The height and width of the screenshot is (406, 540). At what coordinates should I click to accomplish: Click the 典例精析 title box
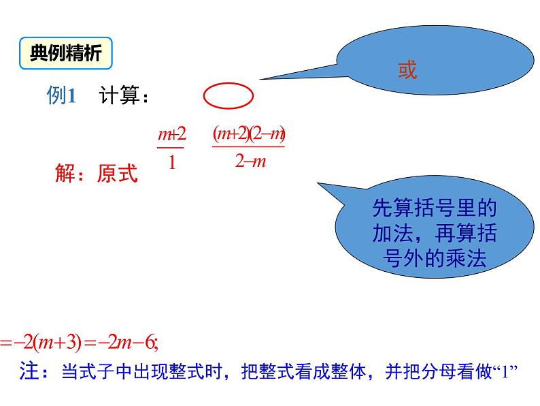click(66, 53)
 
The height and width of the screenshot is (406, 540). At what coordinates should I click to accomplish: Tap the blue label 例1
click(61, 95)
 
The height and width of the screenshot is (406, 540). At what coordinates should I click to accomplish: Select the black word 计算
click(119, 95)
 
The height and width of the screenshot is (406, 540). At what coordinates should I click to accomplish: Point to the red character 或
click(407, 69)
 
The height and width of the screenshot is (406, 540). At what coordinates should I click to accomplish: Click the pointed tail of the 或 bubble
click(260, 79)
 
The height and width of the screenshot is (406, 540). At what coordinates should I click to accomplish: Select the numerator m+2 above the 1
click(172, 134)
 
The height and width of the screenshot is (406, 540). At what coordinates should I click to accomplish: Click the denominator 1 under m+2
click(172, 161)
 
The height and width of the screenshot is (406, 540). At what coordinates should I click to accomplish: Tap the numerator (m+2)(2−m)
click(249, 134)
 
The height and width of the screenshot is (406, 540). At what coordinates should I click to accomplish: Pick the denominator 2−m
click(250, 161)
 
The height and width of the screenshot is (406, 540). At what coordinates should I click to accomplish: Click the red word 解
click(65, 173)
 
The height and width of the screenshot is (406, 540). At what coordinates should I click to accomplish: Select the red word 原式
click(117, 173)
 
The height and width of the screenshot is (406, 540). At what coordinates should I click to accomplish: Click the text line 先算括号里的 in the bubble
click(435, 208)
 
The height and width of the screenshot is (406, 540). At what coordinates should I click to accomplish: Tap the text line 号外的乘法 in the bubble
click(435, 258)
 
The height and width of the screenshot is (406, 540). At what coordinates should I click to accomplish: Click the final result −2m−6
click(126, 343)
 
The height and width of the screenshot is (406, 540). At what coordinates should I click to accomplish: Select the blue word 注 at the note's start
click(29, 371)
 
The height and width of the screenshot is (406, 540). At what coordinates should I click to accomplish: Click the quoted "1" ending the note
click(505, 371)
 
